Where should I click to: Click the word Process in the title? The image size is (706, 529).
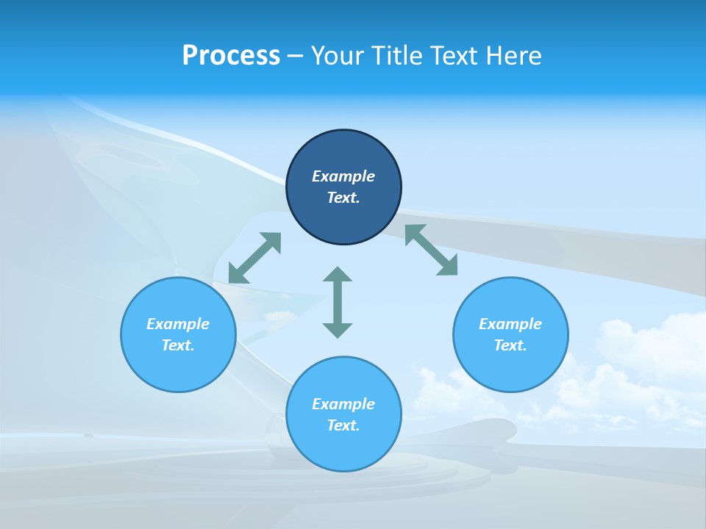pos(231,56)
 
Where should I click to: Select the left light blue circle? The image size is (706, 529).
pos(178,367)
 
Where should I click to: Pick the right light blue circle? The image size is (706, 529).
pos(510,367)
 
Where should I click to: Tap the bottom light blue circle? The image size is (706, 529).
pos(343,448)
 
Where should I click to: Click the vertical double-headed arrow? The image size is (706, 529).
pos(338,302)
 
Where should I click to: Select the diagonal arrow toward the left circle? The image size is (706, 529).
pos(254,258)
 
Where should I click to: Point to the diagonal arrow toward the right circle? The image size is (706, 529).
pos(432,250)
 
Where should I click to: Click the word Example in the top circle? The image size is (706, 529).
pos(343,176)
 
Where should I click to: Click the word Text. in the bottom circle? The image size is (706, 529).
pos(343,425)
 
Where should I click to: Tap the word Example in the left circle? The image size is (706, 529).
pos(178,324)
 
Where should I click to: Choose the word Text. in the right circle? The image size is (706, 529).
pos(510,345)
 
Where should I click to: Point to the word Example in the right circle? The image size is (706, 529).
pos(510,324)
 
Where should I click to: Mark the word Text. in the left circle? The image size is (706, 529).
pos(178,345)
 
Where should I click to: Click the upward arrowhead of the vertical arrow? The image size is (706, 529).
pos(338,274)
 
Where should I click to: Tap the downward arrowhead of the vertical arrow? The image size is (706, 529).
pos(338,330)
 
